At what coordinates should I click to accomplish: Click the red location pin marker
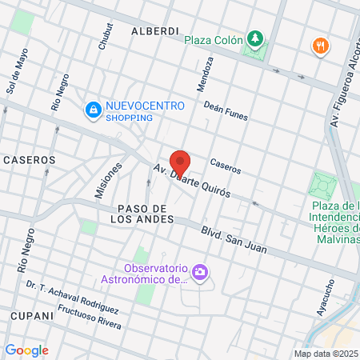(180, 163)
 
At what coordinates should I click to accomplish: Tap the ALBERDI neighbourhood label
(154, 30)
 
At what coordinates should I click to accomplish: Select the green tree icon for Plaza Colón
(254, 38)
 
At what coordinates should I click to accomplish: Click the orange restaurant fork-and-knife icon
(321, 46)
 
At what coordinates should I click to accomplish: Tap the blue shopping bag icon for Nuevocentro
(94, 109)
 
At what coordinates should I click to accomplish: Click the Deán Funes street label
(226, 111)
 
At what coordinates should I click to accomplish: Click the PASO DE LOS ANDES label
(136, 213)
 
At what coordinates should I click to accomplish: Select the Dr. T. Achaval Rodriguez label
(72, 297)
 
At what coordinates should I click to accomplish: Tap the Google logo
(26, 350)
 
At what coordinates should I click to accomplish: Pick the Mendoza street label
(205, 74)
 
